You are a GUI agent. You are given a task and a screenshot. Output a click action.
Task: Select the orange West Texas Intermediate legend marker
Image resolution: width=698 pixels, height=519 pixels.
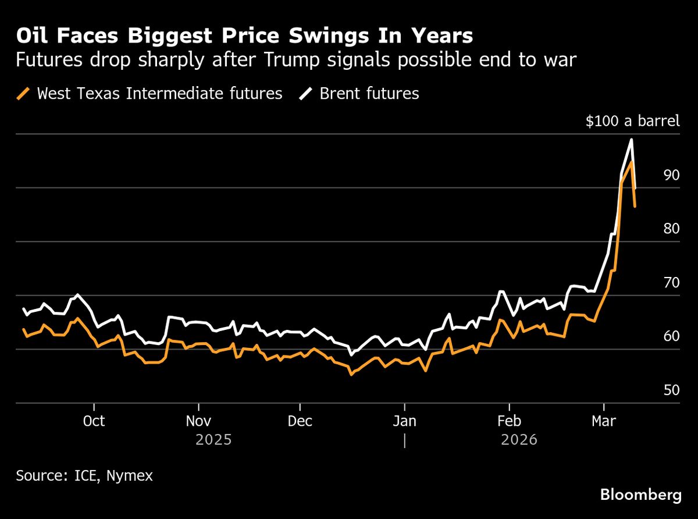[24, 93]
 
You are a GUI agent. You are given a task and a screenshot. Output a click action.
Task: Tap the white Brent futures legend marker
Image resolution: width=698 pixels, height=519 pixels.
[306, 93]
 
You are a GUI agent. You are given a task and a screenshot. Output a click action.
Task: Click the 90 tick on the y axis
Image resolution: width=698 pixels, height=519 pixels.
[671, 175]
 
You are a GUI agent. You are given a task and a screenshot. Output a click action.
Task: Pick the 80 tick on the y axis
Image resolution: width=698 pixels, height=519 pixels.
[671, 229]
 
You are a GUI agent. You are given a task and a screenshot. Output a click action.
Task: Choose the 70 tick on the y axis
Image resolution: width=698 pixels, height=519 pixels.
[671, 283]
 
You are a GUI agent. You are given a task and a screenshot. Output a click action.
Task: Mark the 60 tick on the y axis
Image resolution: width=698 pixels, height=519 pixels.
[671, 336]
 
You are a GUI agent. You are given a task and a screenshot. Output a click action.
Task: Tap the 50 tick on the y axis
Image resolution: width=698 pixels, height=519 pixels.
[671, 390]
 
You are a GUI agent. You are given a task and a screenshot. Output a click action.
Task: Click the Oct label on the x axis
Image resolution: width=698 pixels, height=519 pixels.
[94, 421]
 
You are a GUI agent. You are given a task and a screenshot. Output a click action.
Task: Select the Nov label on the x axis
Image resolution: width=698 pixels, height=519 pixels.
[199, 421]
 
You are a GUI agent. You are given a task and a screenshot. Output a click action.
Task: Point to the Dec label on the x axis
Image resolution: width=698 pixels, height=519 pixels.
[300, 421]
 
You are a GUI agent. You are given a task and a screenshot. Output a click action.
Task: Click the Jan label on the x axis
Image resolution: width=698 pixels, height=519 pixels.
[404, 421]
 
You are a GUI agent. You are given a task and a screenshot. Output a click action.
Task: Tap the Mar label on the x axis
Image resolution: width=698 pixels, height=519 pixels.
[604, 421]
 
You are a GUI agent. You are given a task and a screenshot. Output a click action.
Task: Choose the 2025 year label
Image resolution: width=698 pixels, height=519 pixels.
[213, 439]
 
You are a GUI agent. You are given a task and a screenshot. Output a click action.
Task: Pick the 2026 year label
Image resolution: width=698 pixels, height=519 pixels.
[519, 439]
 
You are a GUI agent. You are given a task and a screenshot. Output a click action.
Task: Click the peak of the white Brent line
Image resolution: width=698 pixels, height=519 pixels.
[631, 140]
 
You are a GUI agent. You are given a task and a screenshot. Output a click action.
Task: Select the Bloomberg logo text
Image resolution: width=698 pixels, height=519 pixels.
[640, 495]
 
